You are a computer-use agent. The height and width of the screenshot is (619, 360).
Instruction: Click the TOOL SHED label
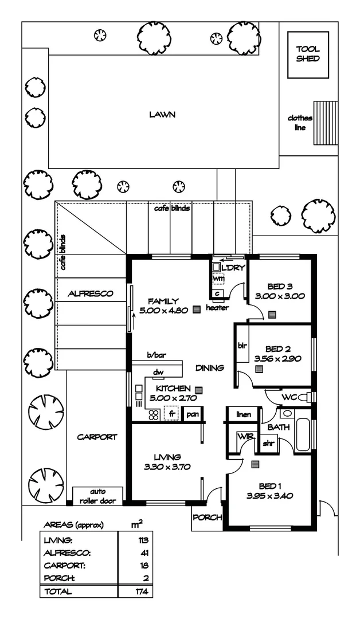(308, 54)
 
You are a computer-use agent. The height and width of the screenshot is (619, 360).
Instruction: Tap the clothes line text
(300, 123)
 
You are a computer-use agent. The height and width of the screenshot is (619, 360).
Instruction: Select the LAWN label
(162, 115)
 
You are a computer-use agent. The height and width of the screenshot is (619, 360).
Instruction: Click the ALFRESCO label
(91, 293)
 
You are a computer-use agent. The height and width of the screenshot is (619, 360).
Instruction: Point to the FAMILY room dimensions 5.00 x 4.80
(163, 311)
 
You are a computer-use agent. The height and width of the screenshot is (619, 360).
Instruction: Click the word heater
(217, 308)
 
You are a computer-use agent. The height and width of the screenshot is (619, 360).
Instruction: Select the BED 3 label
(280, 287)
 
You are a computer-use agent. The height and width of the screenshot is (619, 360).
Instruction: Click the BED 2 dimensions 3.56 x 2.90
(278, 359)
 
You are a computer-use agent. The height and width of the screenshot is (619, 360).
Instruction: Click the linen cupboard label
(243, 414)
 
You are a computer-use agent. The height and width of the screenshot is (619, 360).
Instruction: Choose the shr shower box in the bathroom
(268, 443)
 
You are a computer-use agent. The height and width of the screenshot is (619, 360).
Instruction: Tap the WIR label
(245, 437)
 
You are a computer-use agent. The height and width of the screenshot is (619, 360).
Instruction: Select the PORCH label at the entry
(207, 518)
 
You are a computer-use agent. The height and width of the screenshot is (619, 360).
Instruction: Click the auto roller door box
(98, 496)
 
